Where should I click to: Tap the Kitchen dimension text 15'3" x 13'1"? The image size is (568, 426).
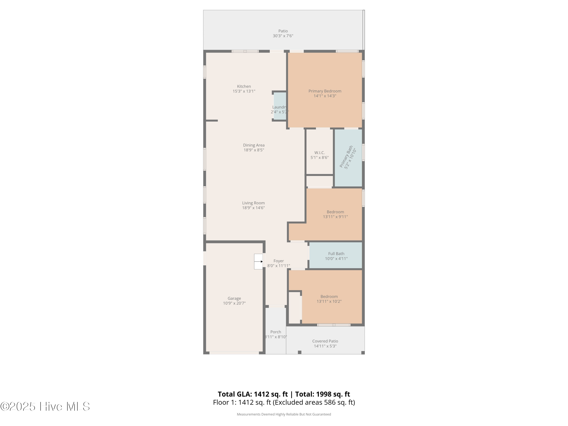pos(244,91)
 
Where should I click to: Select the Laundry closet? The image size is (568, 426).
pos(280,106)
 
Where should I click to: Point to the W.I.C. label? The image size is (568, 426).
pos(319,153)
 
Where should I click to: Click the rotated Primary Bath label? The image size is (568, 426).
pos(346,156)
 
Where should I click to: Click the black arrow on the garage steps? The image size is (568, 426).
pos(261,262)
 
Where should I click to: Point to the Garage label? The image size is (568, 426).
pos(234,298)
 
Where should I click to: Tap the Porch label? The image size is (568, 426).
pos(275,332)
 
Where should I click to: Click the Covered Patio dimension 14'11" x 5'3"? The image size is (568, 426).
pos(325,346)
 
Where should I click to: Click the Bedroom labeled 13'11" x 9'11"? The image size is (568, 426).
pos(335,214)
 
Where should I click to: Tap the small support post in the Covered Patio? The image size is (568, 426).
pos(299,352)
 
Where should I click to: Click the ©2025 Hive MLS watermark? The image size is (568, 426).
pos(45,406)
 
